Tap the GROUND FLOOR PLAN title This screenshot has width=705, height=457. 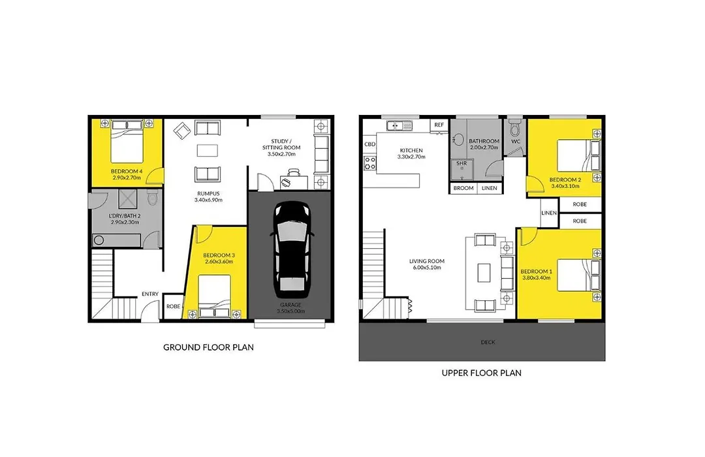click(x=208, y=347)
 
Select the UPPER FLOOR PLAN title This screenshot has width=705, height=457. click(x=482, y=373)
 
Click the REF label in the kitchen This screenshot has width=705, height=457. click(x=439, y=125)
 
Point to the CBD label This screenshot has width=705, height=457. click(x=369, y=144)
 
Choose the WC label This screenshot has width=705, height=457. click(x=516, y=141)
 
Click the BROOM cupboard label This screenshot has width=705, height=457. click(x=463, y=188)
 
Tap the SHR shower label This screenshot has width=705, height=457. click(x=462, y=163)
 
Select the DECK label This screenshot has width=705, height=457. click(x=488, y=342)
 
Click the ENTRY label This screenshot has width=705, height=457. click(x=150, y=294)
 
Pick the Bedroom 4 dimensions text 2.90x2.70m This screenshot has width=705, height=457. click(x=127, y=178)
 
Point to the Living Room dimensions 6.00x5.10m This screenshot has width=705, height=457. click(x=427, y=268)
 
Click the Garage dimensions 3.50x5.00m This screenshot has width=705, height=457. click(x=290, y=311)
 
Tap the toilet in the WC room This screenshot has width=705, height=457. click(x=515, y=128)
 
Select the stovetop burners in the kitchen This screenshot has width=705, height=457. click(x=370, y=163)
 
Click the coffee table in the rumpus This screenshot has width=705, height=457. click(x=208, y=150)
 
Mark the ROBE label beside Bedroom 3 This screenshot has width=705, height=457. click(x=173, y=306)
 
